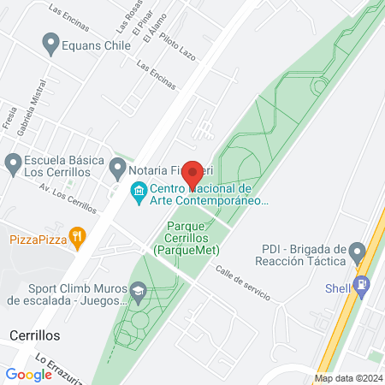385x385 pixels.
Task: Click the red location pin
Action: (192, 174)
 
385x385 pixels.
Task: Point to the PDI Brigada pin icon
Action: (357, 252)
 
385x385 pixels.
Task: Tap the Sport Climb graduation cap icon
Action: (137, 293)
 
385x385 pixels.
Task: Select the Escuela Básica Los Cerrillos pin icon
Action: (12, 163)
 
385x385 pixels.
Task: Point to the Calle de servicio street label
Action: (243, 283)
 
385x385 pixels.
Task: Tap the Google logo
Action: (28, 374)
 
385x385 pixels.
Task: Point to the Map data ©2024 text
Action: (346, 378)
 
